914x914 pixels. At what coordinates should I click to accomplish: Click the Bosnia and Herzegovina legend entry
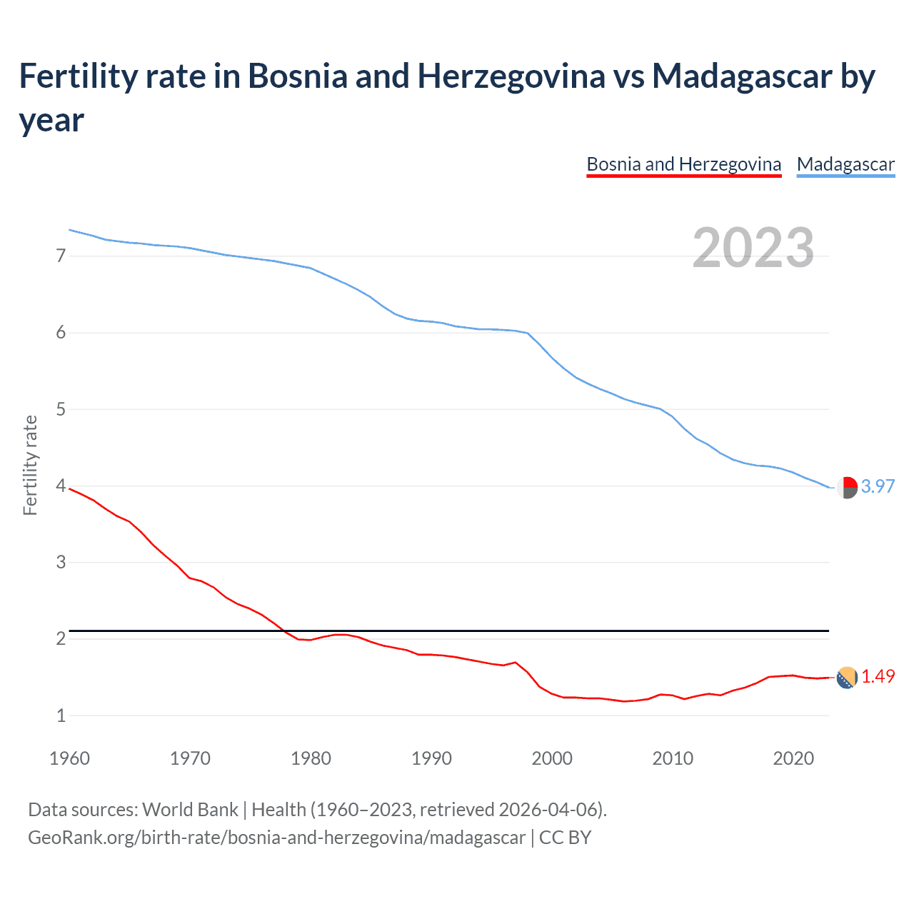pyautogui.click(x=683, y=165)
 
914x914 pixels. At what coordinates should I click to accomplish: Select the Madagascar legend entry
pyautogui.click(x=845, y=165)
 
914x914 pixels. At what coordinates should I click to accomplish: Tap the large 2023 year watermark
pyautogui.click(x=753, y=248)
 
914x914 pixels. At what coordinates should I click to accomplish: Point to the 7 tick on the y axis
pyautogui.click(x=61, y=256)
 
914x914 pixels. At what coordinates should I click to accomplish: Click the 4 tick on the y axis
pyautogui.click(x=61, y=486)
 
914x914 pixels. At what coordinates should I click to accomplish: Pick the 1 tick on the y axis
pyautogui.click(x=61, y=715)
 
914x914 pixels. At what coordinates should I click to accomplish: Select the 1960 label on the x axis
pyautogui.click(x=69, y=758)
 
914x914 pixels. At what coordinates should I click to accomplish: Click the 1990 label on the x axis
pyautogui.click(x=431, y=758)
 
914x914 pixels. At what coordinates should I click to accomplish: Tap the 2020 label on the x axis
pyautogui.click(x=793, y=758)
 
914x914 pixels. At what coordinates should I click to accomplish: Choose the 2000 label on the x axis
pyautogui.click(x=552, y=758)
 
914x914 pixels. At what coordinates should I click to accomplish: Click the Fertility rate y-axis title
pyautogui.click(x=30, y=465)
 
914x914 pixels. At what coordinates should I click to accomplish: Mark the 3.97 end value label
pyautogui.click(x=878, y=486)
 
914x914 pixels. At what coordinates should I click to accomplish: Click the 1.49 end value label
pyautogui.click(x=878, y=676)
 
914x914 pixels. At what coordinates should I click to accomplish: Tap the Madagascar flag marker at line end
pyautogui.click(x=847, y=487)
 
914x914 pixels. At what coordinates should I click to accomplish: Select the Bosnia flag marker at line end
pyautogui.click(x=847, y=678)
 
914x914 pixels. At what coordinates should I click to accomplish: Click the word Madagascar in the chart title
pyautogui.click(x=742, y=76)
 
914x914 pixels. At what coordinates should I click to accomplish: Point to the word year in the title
pyautogui.click(x=51, y=120)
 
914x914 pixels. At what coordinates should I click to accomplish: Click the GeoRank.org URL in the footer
pyautogui.click(x=276, y=837)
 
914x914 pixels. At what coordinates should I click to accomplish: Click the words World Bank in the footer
pyautogui.click(x=190, y=810)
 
